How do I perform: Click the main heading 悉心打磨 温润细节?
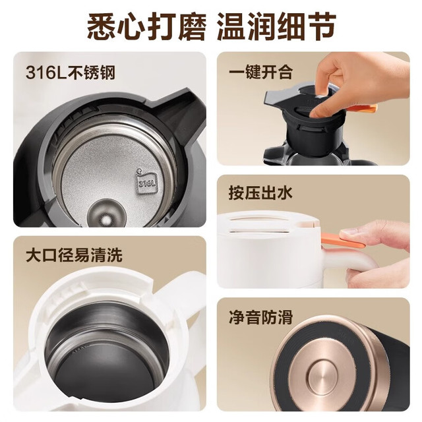pos(212,27)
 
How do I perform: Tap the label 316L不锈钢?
pos(71,73)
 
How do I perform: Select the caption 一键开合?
pos(260,72)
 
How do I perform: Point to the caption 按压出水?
pos(260,193)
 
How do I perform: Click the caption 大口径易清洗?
pos(75,255)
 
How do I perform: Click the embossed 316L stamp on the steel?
pos(147,183)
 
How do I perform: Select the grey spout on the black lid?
pos(277,98)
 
